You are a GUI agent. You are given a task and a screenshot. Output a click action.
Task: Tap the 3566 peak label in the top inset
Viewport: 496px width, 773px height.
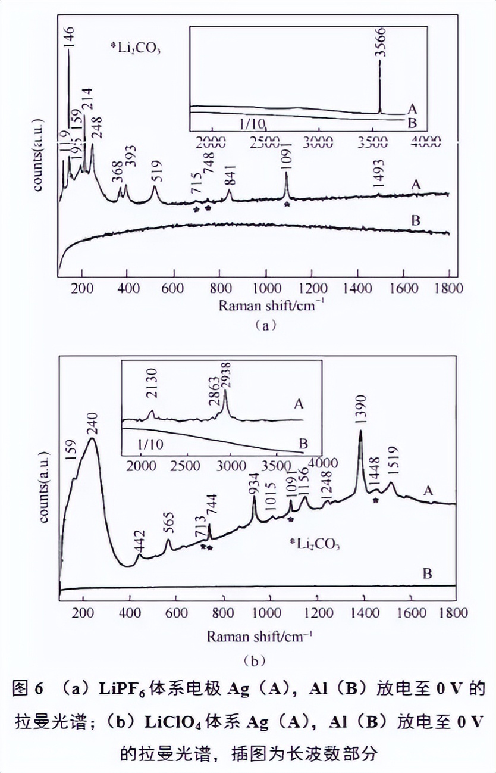tap(381, 42)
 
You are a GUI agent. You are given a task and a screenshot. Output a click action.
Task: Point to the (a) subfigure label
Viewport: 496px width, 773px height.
tap(265, 325)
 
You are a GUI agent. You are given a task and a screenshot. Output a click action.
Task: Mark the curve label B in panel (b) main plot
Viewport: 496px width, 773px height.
tap(426, 575)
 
